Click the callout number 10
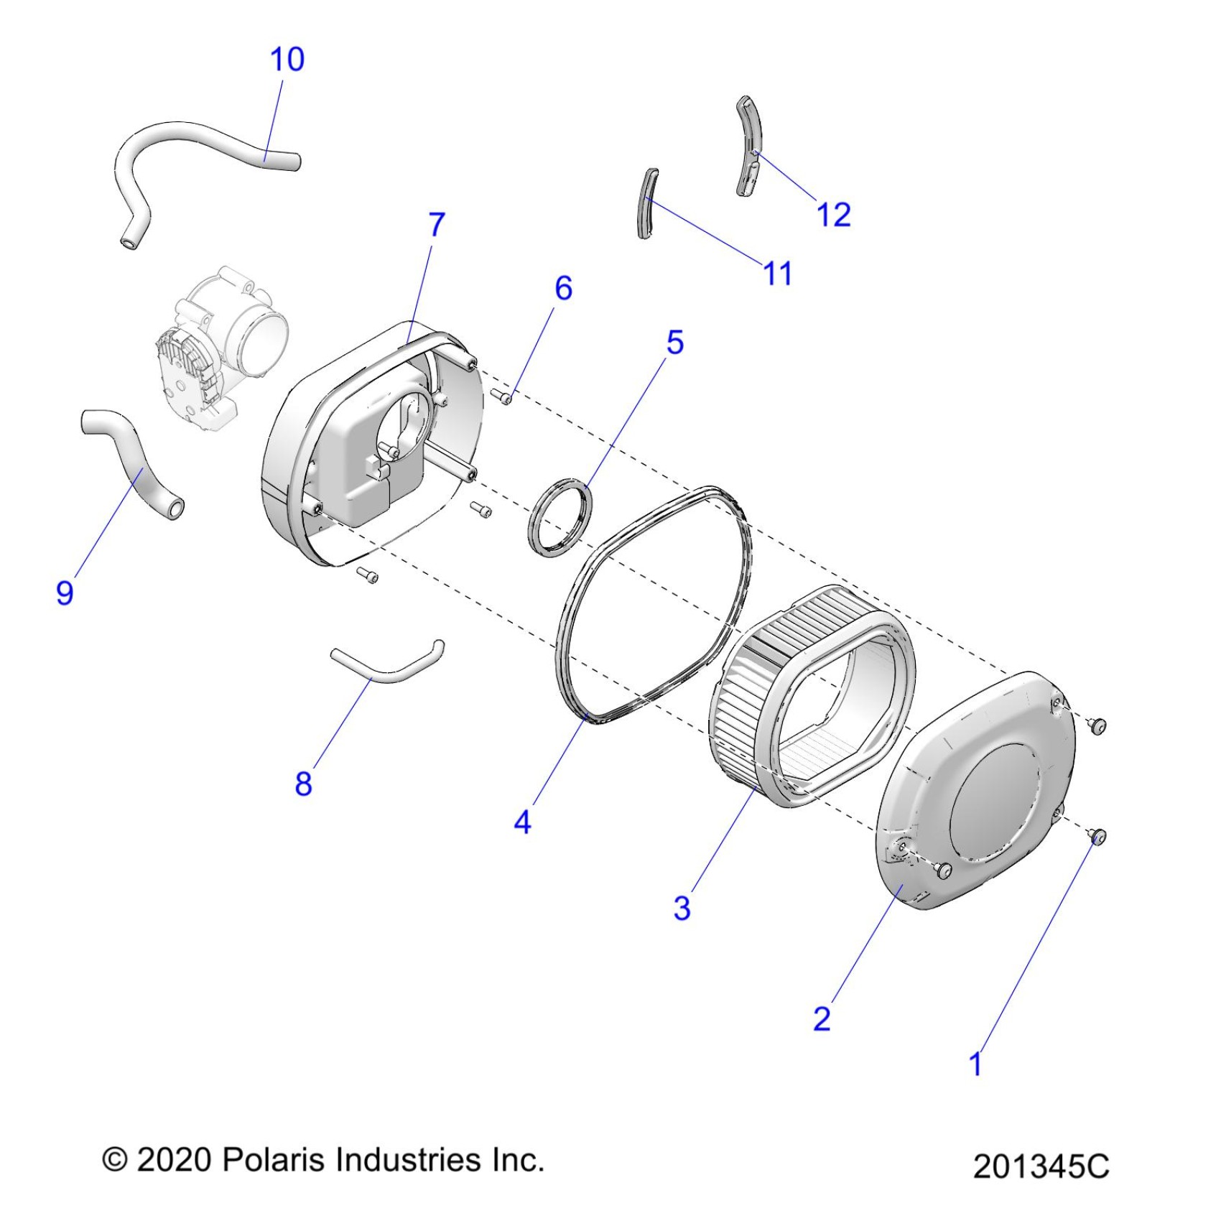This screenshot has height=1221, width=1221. tap(287, 59)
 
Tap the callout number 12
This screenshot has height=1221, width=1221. tap(833, 214)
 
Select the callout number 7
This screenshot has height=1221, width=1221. tap(437, 224)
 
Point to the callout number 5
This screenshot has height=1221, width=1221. tap(674, 342)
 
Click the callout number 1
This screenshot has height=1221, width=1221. tap(975, 1064)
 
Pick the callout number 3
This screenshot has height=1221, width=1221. tap(682, 907)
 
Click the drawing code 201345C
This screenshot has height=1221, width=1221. tap(1041, 1166)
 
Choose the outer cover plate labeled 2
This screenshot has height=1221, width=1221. tap(977, 790)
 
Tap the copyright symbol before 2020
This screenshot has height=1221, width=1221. tap(115, 1160)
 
